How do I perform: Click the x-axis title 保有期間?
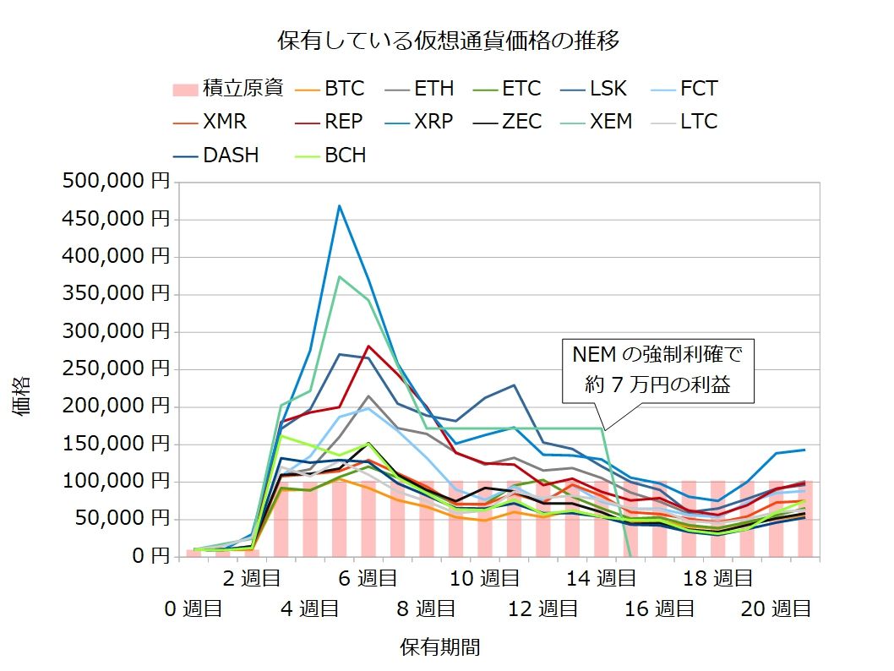439,647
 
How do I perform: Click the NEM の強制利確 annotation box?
657,368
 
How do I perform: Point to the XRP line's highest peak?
339,205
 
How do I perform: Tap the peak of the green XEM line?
340,276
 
